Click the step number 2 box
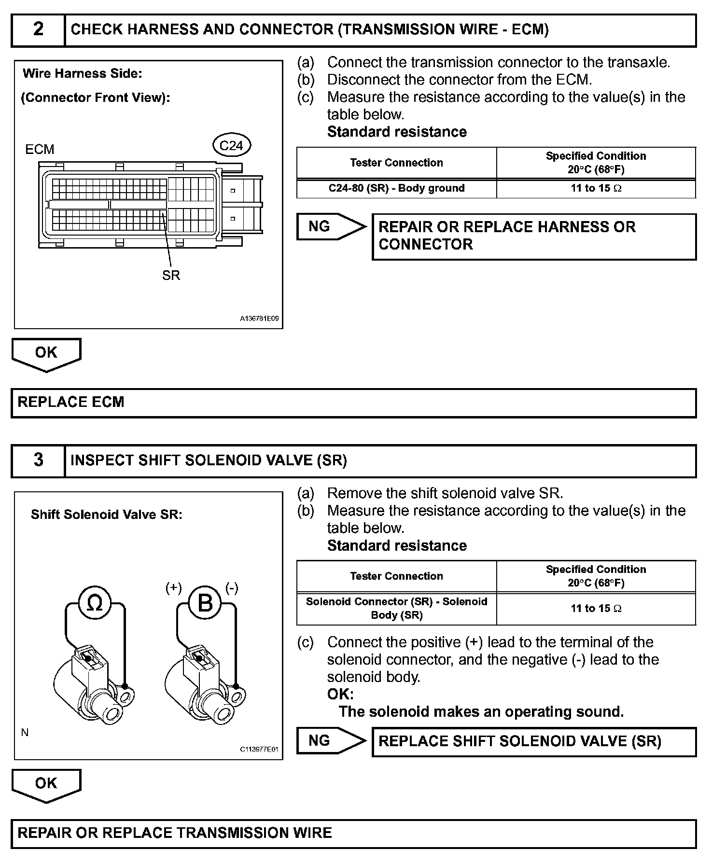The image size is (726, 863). (38, 30)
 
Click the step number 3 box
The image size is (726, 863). (38, 460)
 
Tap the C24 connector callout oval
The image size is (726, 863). (231, 146)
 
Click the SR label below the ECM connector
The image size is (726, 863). (171, 275)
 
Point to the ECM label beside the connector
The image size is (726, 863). (40, 150)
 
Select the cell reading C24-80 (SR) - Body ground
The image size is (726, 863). (396, 188)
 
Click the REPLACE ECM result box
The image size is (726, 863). (353, 403)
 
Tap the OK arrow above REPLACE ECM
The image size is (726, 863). (46, 354)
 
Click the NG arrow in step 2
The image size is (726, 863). (330, 226)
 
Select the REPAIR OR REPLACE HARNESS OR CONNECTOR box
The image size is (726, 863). (534, 237)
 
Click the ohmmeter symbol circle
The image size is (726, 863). (95, 603)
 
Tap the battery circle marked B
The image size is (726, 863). (205, 603)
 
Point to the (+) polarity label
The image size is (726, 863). (174, 588)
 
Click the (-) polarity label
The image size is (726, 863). (232, 588)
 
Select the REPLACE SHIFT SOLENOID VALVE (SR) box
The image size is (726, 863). (534, 741)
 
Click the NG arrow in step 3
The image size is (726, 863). (330, 741)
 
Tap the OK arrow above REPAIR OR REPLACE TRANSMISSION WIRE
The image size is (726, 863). (46, 785)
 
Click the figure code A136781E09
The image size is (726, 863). (259, 319)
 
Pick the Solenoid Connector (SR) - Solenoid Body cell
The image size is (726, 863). (396, 608)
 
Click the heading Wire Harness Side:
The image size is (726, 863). (83, 74)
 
